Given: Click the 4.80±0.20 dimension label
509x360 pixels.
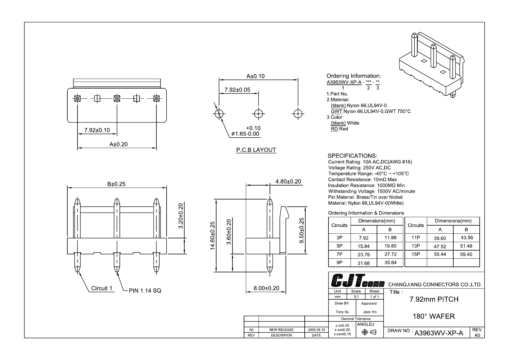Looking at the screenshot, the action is point(288,181).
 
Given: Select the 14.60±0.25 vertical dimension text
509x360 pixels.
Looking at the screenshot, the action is point(212,235).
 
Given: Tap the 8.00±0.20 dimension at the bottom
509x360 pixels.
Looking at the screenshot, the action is point(266,288).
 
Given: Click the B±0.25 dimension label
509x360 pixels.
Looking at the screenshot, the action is point(116,184).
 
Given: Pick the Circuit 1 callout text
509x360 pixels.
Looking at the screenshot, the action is point(102,288).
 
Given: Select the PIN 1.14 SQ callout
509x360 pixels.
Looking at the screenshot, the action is point(145,290).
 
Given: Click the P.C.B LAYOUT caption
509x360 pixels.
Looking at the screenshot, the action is point(256,150).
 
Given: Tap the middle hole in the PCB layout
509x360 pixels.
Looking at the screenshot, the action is point(258,114).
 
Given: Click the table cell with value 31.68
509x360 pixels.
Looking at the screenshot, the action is point(364,263).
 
